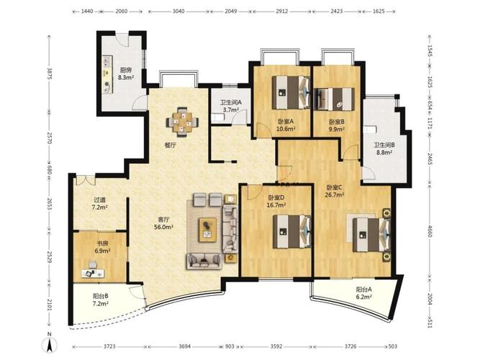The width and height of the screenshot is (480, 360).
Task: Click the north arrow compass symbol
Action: coord(51,343)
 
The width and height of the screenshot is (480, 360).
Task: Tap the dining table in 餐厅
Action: coord(182,122)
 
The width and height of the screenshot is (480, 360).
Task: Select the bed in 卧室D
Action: coord(292,231)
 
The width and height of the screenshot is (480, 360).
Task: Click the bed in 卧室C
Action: coord(371,235)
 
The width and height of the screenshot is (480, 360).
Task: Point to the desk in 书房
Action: coord(94,273)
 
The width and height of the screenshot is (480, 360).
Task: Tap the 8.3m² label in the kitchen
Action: coord(126,78)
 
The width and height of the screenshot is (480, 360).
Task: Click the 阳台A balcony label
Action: coord(363,289)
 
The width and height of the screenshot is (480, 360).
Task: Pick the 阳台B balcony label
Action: coord(101,296)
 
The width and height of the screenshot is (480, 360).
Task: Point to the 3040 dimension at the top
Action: coord(178,12)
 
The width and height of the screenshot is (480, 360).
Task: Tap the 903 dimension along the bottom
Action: coord(230,346)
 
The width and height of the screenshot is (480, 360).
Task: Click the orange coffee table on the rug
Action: coord(208,230)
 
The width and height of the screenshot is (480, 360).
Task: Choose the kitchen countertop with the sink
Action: coord(107,74)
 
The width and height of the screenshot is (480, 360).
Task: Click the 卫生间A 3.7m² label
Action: coord(231,106)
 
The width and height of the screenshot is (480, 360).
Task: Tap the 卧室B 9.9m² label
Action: coord(337,125)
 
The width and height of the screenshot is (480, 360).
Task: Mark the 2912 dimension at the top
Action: coord(281,12)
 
